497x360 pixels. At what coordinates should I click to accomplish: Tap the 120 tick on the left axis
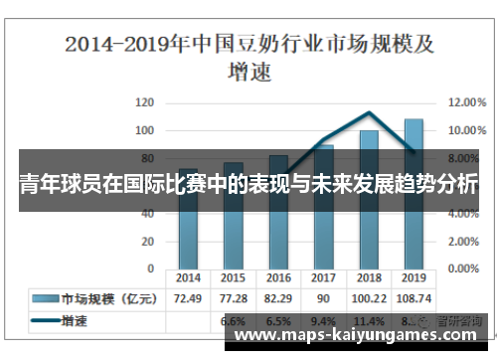(x=145, y=102)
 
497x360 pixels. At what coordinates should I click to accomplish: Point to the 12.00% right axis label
(x=467, y=102)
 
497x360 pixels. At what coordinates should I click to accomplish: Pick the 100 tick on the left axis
(x=145, y=130)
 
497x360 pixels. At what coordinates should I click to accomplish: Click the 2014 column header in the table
(x=189, y=277)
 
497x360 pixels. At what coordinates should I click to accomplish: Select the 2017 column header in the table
(x=323, y=277)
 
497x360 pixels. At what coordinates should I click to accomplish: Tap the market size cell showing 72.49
(x=189, y=298)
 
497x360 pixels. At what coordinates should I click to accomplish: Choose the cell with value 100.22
(x=368, y=298)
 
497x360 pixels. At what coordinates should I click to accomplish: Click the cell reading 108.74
(x=414, y=298)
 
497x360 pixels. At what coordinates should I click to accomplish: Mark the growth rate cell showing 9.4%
(x=323, y=321)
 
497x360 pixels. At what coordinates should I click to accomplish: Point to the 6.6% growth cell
(x=234, y=321)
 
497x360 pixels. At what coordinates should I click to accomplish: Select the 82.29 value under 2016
(x=278, y=298)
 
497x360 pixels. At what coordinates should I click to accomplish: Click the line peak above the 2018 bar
(x=369, y=112)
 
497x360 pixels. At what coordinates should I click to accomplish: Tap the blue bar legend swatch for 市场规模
(x=45, y=298)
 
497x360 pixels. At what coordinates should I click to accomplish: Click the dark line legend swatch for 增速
(x=45, y=321)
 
